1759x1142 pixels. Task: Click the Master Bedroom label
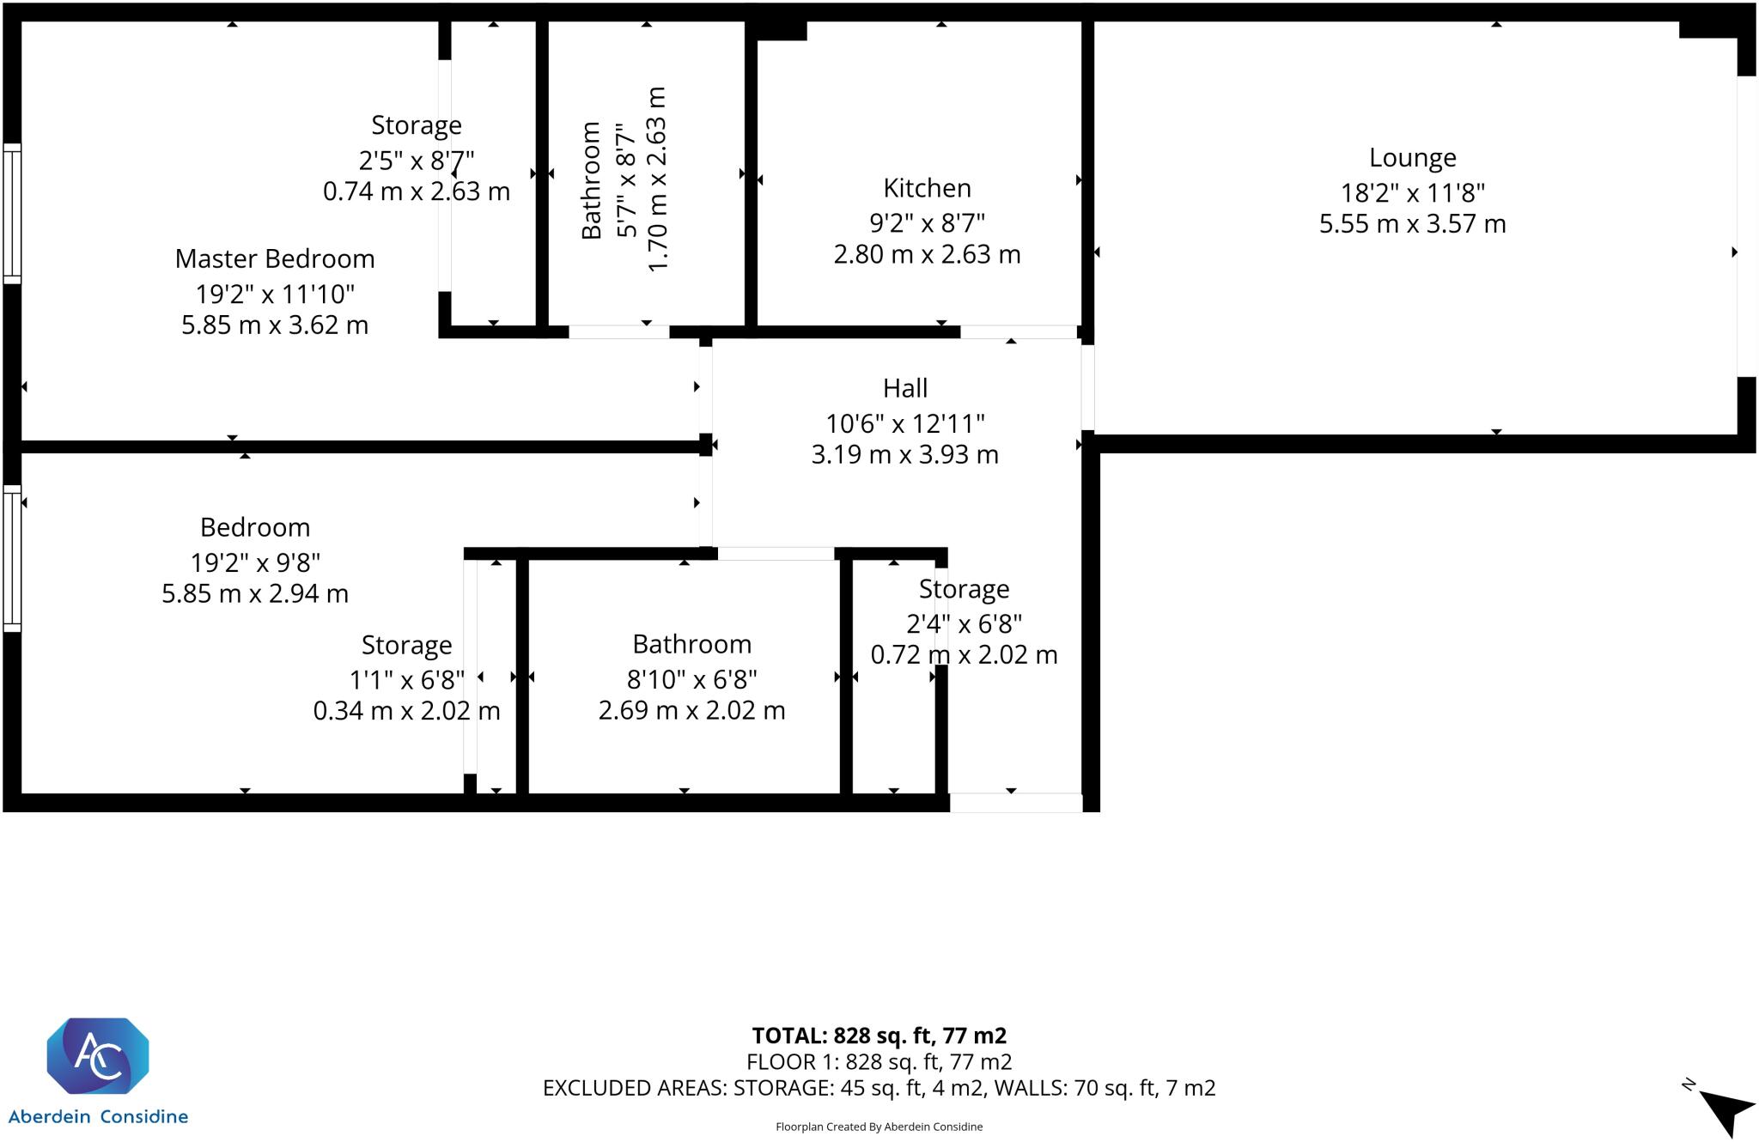(x=275, y=258)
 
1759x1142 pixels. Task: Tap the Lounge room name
(x=1412, y=158)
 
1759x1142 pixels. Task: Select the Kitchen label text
(x=927, y=188)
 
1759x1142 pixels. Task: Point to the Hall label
(x=905, y=388)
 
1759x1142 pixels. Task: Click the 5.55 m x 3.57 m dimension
(x=1412, y=224)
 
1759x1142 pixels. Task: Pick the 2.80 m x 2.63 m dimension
(x=927, y=254)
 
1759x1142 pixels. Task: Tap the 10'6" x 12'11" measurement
(x=905, y=423)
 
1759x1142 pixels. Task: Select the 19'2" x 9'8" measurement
(x=255, y=562)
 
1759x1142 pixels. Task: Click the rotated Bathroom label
(x=591, y=180)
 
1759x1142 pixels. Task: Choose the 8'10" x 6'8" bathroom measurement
(x=691, y=679)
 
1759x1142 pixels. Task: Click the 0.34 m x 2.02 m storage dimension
(x=406, y=711)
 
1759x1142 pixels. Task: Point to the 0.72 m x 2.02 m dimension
(x=964, y=655)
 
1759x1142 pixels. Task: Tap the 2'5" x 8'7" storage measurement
(x=417, y=160)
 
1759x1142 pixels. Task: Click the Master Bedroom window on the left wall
(x=12, y=214)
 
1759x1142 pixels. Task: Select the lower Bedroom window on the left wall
(x=12, y=558)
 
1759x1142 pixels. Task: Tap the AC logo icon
(x=98, y=1055)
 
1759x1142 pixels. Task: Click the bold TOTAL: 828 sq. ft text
(x=879, y=1036)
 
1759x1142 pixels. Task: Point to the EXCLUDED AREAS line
(x=879, y=1088)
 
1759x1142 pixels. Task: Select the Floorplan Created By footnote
(x=879, y=1127)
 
